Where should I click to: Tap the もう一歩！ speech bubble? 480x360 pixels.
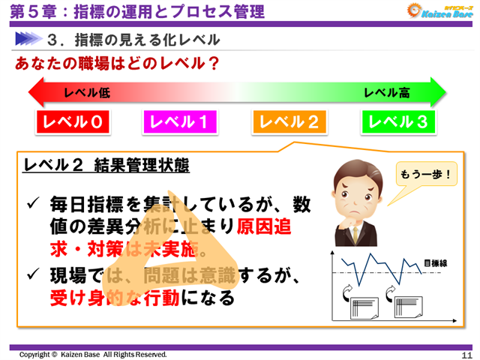pyautogui.click(x=425, y=175)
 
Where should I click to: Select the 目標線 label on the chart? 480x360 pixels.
pyautogui.click(x=435, y=263)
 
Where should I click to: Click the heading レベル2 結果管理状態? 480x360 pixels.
pyautogui.click(x=106, y=166)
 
